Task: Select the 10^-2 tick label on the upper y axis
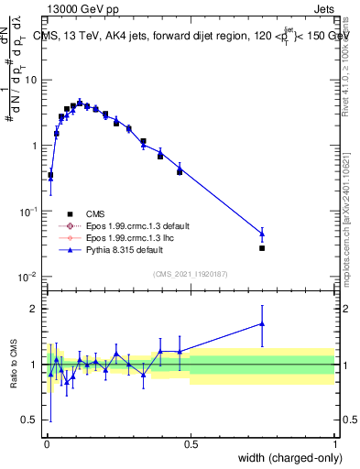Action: [x=28, y=278]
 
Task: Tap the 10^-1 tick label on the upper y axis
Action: [x=28, y=212]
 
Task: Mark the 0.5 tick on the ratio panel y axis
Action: [x=31, y=421]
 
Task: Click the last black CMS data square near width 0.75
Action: [x=262, y=248]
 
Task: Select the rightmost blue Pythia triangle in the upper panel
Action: [x=262, y=233]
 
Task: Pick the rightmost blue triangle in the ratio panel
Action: [x=262, y=323]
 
